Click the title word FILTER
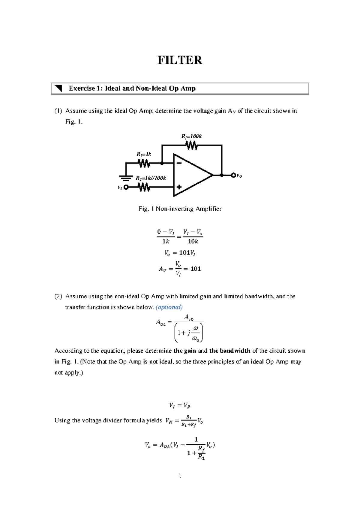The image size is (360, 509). (x=180, y=60)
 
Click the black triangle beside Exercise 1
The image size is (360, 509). (x=58, y=88)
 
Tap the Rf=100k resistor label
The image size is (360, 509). (x=191, y=136)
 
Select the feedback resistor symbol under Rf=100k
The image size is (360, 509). (x=192, y=146)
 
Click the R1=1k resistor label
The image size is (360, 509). (x=144, y=154)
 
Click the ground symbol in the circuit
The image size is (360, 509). (x=126, y=178)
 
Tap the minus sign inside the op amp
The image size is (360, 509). (x=179, y=163)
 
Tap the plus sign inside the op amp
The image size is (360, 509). (x=179, y=187)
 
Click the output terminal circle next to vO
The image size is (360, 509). (x=233, y=175)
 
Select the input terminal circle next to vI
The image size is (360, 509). (x=126, y=187)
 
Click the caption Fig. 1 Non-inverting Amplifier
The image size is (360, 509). (x=180, y=209)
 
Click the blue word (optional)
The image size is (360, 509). (x=169, y=307)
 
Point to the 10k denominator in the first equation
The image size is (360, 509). (x=193, y=242)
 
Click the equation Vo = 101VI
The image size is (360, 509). (x=180, y=253)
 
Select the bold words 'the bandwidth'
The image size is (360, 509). (x=229, y=351)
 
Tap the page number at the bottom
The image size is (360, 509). (x=180, y=476)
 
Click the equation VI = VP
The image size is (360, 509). (x=180, y=406)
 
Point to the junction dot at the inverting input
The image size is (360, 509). (x=162, y=163)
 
